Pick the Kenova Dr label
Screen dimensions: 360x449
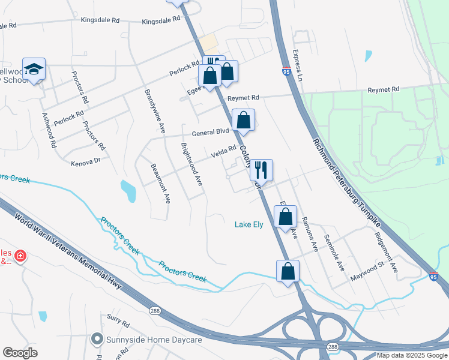[85, 163]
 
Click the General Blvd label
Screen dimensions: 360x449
[210, 131]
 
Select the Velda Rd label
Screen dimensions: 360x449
[223, 154]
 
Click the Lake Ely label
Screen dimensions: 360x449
[249, 225]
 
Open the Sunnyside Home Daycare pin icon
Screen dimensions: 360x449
[96, 340]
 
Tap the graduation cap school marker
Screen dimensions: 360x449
[34, 70]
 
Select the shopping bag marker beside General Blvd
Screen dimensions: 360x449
[243, 120]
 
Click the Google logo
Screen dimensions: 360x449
[20, 353]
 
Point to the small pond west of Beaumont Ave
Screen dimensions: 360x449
[128, 191]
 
